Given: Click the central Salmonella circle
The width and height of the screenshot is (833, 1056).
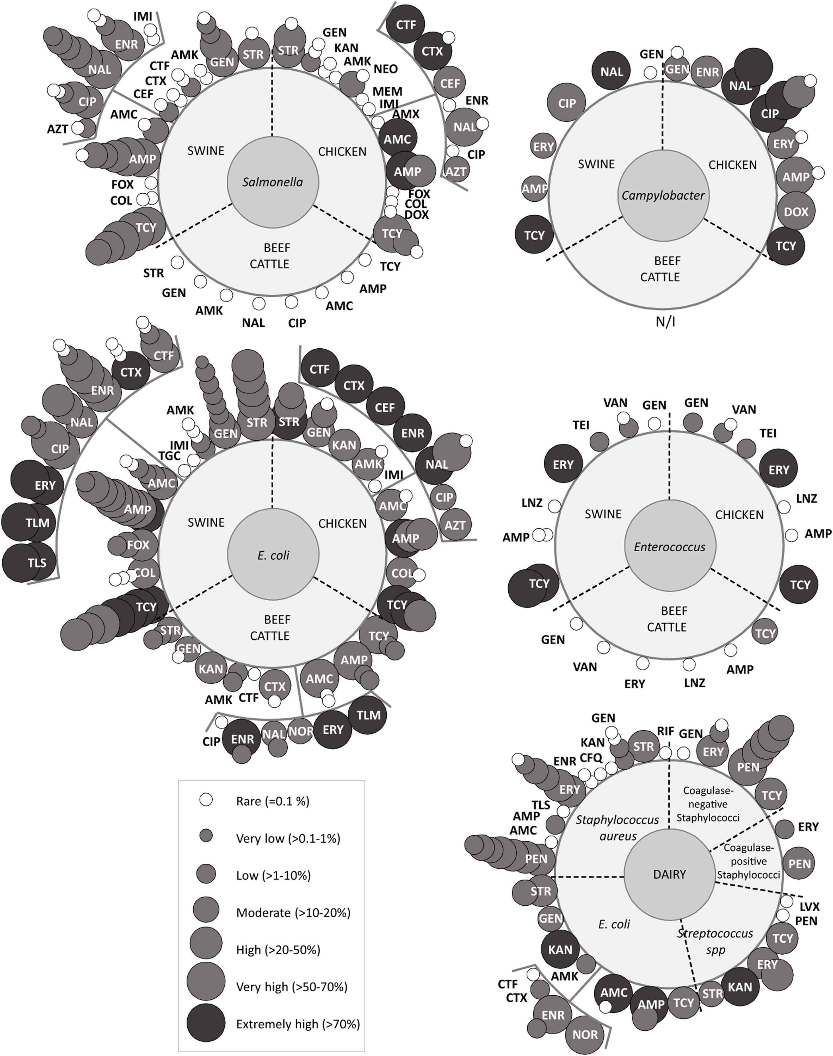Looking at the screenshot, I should click(x=273, y=182).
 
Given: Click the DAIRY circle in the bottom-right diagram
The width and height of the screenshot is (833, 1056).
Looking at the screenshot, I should click(x=669, y=874).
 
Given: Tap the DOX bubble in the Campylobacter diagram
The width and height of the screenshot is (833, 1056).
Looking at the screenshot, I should click(x=796, y=212).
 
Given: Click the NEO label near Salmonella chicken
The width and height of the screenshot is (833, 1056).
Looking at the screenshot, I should click(x=385, y=69).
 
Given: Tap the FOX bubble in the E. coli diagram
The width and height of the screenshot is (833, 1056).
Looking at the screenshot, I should click(x=138, y=545).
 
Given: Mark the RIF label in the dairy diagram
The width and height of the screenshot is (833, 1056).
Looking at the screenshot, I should click(x=665, y=731).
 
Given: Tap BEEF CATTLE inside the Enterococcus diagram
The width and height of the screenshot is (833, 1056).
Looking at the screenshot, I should click(x=667, y=619).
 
